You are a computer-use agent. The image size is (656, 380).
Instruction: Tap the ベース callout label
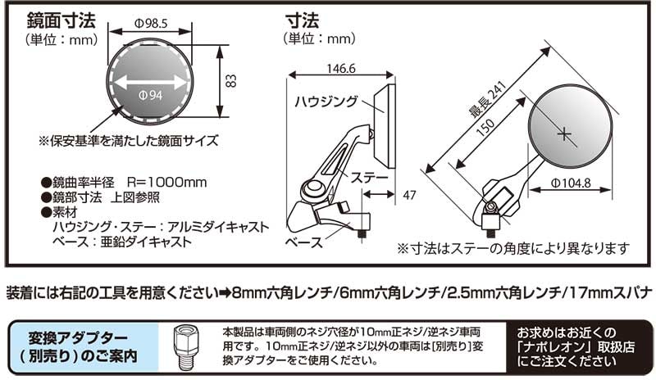(303, 243)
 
